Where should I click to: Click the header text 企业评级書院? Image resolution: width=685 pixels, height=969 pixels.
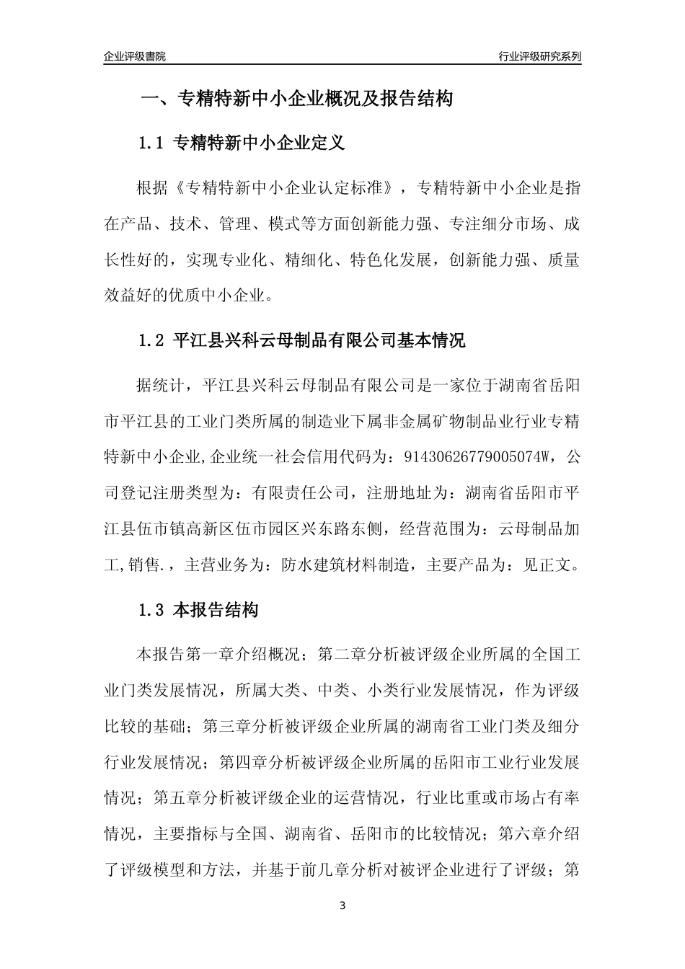[x=135, y=56]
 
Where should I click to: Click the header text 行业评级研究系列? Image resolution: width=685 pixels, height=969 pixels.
[x=539, y=56]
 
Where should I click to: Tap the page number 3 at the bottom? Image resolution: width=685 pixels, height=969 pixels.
[x=342, y=905]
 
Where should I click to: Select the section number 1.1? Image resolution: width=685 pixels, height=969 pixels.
[x=152, y=143]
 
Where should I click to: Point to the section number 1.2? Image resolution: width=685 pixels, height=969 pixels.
[x=152, y=340]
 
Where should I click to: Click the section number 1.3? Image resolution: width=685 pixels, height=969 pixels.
[x=152, y=611]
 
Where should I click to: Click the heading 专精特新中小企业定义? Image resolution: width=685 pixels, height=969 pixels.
[x=260, y=143]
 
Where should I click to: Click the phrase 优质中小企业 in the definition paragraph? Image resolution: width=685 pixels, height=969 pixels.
[x=217, y=295]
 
